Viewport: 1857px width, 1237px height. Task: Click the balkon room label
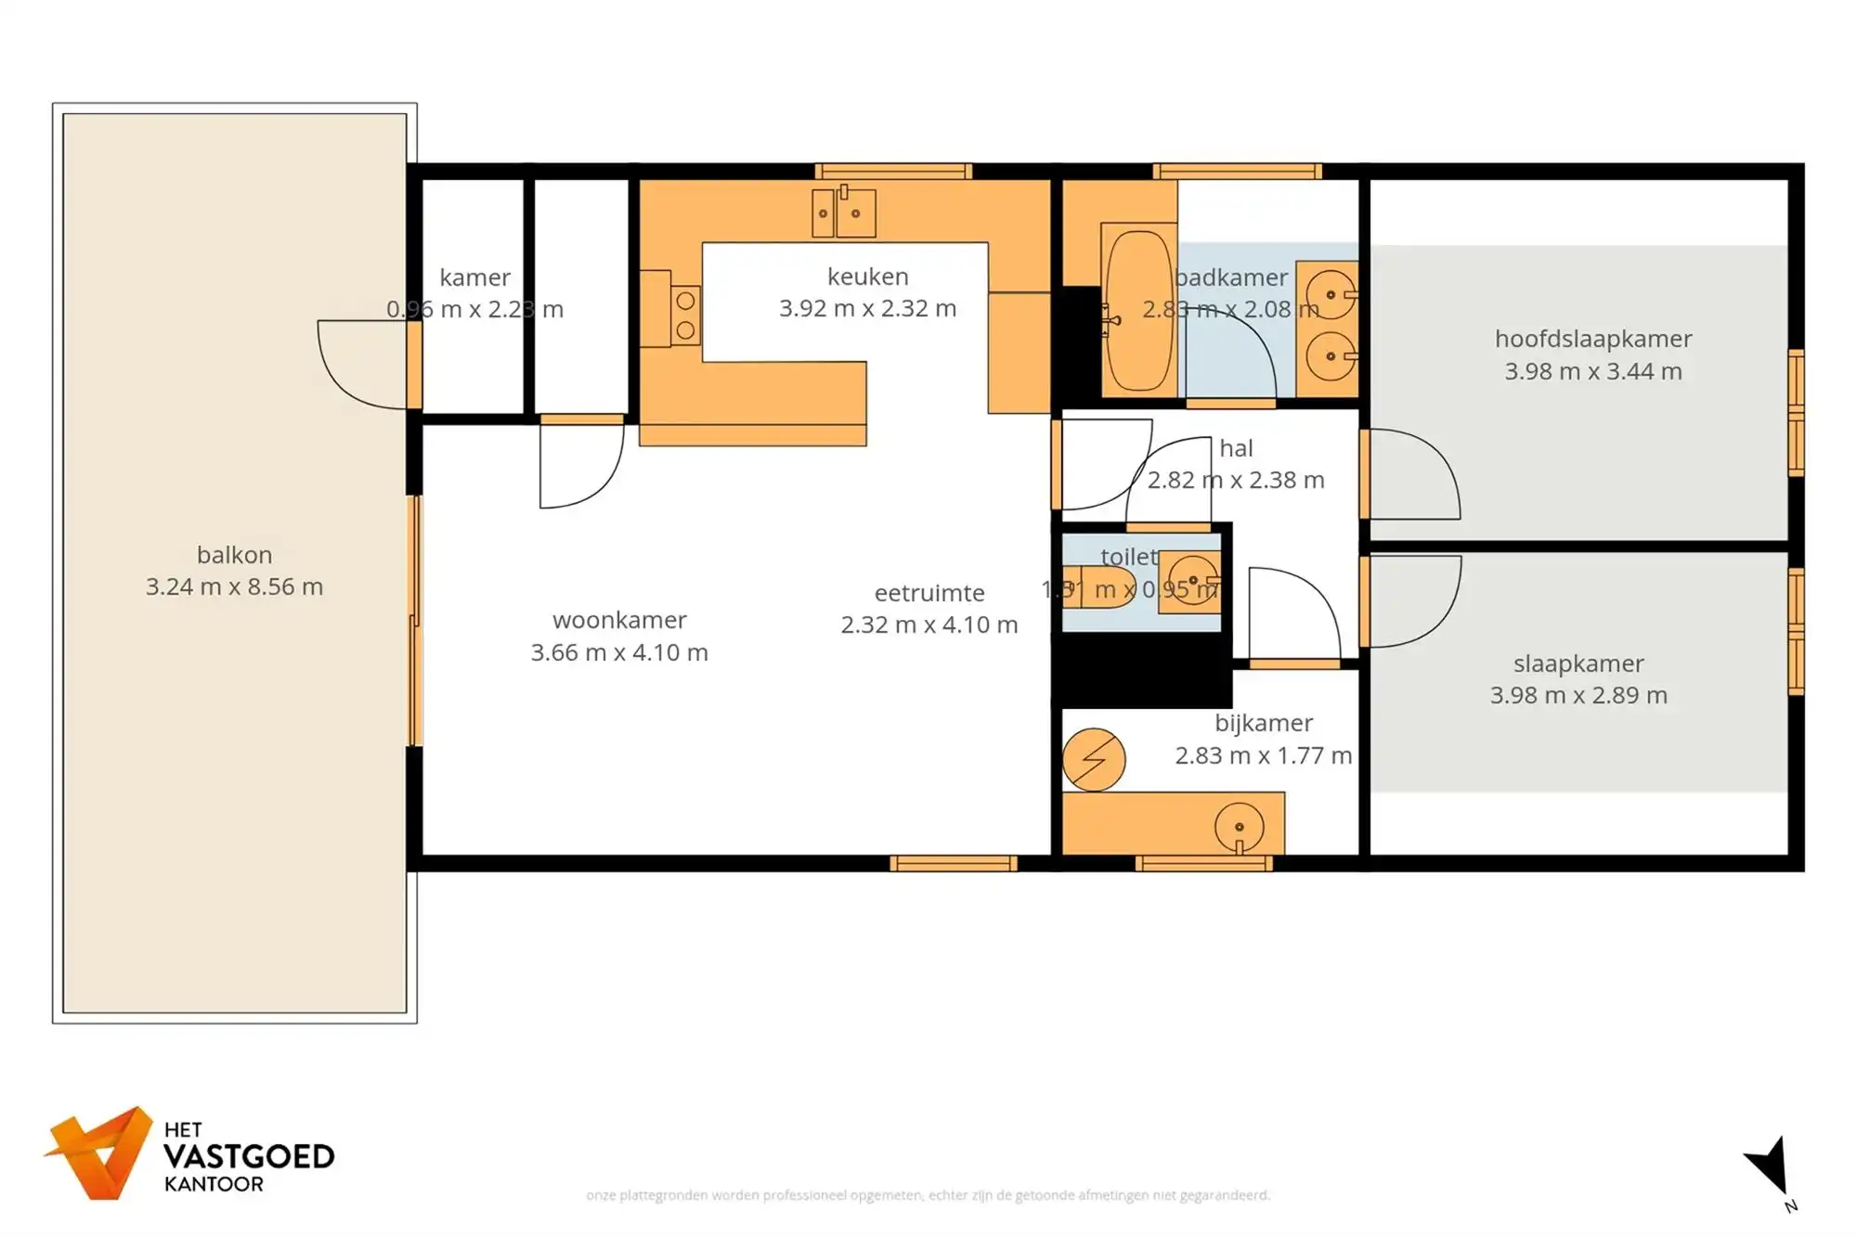(234, 555)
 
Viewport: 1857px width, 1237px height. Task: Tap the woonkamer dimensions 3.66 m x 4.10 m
(619, 652)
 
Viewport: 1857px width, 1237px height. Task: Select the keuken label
(867, 277)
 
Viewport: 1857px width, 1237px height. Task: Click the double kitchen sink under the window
(843, 213)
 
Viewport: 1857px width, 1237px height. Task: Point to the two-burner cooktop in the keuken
(685, 315)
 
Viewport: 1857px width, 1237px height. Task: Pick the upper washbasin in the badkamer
(1330, 294)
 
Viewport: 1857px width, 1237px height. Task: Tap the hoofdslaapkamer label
(1592, 339)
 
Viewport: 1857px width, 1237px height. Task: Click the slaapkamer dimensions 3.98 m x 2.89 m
(1578, 695)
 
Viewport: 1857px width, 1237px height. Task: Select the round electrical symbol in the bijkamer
(1094, 759)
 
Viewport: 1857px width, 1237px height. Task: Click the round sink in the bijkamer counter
(1239, 825)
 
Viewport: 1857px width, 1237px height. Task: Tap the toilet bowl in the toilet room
(1101, 586)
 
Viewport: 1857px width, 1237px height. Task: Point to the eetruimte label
(928, 593)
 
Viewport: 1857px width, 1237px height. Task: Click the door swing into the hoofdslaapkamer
(1411, 475)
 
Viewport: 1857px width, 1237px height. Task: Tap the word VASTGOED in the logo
(249, 1157)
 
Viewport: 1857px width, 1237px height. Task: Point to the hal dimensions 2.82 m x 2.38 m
(1235, 480)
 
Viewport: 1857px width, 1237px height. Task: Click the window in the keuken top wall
(893, 171)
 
